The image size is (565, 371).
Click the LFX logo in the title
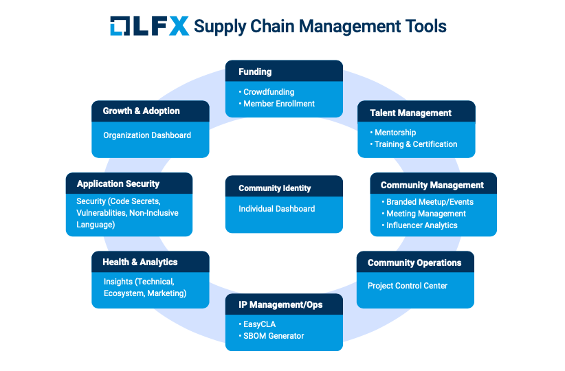coord(149,26)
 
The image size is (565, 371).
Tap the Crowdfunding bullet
coord(269,91)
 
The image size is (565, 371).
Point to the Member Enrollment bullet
coord(278,104)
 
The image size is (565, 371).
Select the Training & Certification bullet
coord(416,144)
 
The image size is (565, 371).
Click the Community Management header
coord(433,185)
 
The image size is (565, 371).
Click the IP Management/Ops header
coord(284,304)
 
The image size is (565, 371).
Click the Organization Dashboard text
coord(147,135)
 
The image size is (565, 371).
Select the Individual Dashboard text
coord(277,209)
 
